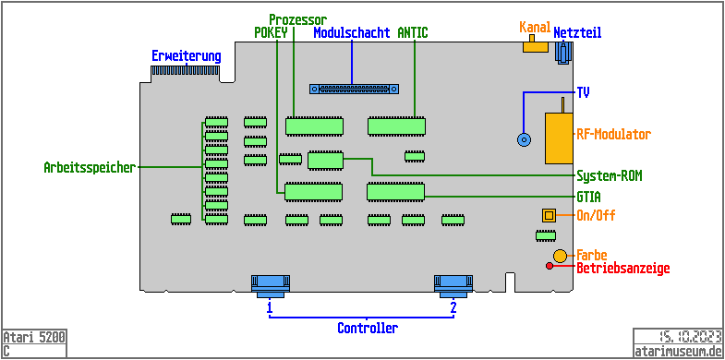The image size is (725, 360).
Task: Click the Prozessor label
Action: click(296, 19)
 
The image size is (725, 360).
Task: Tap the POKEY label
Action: click(272, 33)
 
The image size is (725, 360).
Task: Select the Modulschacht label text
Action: click(351, 33)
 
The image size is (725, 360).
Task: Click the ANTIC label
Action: click(413, 33)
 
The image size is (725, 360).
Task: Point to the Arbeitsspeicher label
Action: click(90, 168)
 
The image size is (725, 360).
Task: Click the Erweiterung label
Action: click(187, 55)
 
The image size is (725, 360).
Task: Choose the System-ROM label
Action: click(610, 175)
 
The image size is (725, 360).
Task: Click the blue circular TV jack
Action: click(524, 140)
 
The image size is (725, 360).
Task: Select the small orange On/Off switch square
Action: click(549, 215)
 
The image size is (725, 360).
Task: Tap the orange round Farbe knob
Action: click(561, 255)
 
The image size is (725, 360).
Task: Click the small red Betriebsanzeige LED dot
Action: click(550, 267)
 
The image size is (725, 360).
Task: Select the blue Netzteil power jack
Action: click(562, 54)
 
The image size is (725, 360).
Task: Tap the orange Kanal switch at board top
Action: click(535, 45)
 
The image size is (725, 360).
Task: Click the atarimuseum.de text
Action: click(677, 351)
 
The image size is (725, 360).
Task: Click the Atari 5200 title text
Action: click(34, 337)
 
